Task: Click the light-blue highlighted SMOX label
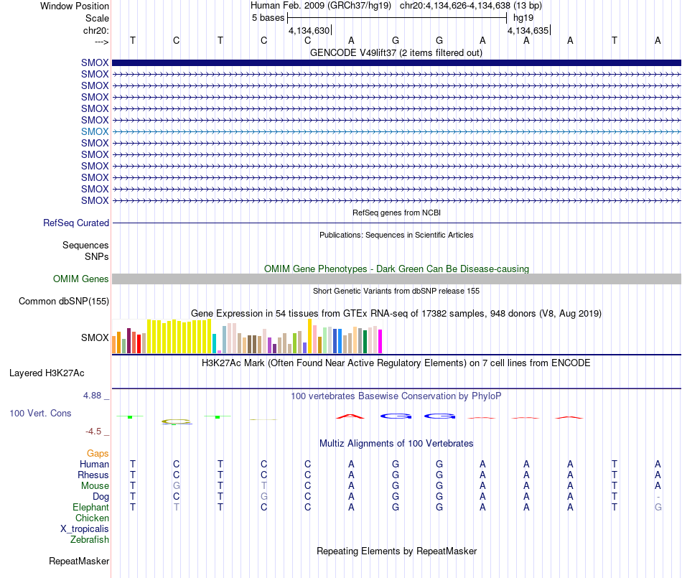pyautogui.click(x=95, y=131)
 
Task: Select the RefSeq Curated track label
pyautogui.click(x=76, y=223)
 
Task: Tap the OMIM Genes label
pyautogui.click(x=81, y=279)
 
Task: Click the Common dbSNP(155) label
pyautogui.click(x=64, y=301)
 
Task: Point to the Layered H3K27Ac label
pyautogui.click(x=47, y=373)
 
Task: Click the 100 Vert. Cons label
pyautogui.click(x=40, y=413)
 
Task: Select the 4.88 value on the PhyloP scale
pyautogui.click(x=92, y=396)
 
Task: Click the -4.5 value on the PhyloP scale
pyautogui.click(x=93, y=431)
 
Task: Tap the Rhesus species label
pyautogui.click(x=93, y=475)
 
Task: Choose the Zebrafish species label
pyautogui.click(x=90, y=539)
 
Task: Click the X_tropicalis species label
pyautogui.click(x=85, y=529)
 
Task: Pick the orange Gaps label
pyautogui.click(x=98, y=454)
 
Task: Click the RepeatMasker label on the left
pyautogui.click(x=79, y=561)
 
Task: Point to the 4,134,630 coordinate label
pyautogui.click(x=309, y=30)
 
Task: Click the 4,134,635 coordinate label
pyautogui.click(x=528, y=30)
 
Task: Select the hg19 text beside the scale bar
pyautogui.click(x=523, y=18)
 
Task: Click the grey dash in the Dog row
pyautogui.click(x=658, y=497)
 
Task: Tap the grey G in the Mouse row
pyautogui.click(x=176, y=485)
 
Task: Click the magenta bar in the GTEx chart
pyautogui.click(x=380, y=341)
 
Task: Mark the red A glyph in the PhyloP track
pyautogui.click(x=350, y=416)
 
